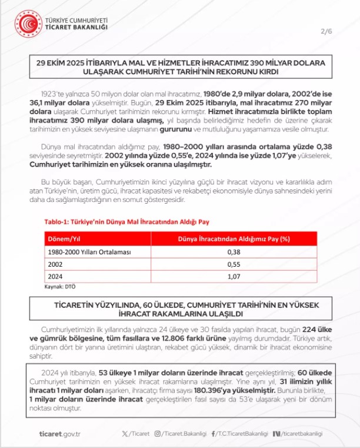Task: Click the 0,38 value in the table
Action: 235,251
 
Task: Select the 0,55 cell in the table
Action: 235,264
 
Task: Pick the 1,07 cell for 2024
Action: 235,277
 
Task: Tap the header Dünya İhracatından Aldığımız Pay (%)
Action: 235,239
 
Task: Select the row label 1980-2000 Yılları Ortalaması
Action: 81,251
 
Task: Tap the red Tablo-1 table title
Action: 127,222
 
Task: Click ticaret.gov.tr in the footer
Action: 59,434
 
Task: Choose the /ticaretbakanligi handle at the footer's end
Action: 301,434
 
